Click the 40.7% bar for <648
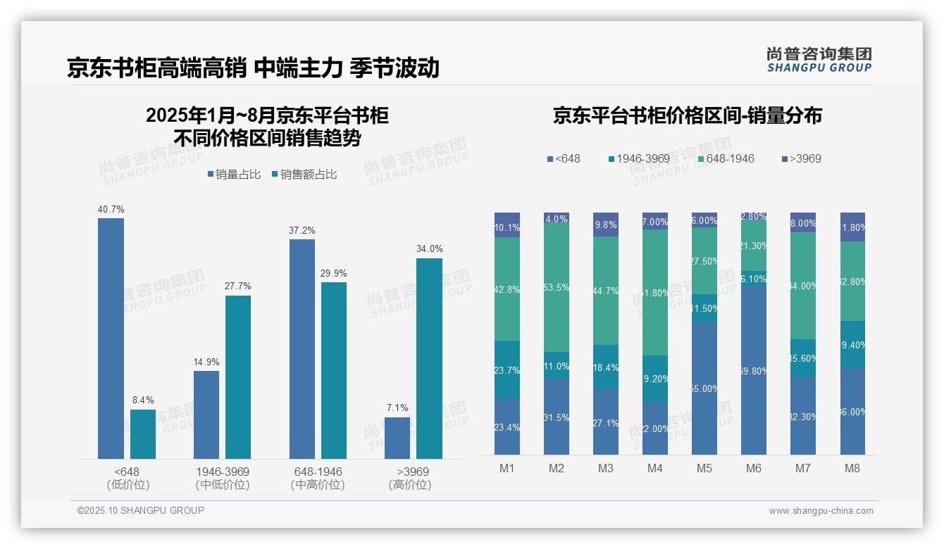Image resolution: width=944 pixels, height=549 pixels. pyautogui.click(x=111, y=338)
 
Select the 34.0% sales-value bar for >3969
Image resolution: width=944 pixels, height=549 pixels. pyautogui.click(x=429, y=358)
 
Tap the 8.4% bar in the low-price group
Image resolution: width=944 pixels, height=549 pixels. pyautogui.click(x=143, y=434)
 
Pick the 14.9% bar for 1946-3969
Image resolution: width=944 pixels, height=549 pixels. pyautogui.click(x=206, y=415)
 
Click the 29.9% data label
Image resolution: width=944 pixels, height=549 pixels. pyautogui.click(x=334, y=273)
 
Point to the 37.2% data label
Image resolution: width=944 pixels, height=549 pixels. pyautogui.click(x=302, y=230)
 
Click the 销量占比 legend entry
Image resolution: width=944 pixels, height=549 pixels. pyautogui.click(x=236, y=175)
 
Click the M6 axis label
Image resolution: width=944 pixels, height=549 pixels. pyautogui.click(x=753, y=468)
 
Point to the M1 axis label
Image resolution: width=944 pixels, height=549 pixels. pyautogui.click(x=507, y=468)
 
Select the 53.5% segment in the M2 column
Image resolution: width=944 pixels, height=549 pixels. pyautogui.click(x=556, y=288)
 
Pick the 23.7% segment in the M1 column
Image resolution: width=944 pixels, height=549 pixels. pyautogui.click(x=507, y=370)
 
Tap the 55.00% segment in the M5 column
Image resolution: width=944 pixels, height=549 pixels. pyautogui.click(x=704, y=388)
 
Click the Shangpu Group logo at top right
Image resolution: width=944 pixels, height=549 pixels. pyautogui.click(x=819, y=59)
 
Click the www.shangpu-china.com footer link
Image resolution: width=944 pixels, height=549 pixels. pyautogui.click(x=821, y=511)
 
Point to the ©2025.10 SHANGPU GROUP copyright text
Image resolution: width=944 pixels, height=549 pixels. pyautogui.click(x=141, y=510)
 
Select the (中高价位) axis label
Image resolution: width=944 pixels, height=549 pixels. pyautogui.click(x=317, y=485)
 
